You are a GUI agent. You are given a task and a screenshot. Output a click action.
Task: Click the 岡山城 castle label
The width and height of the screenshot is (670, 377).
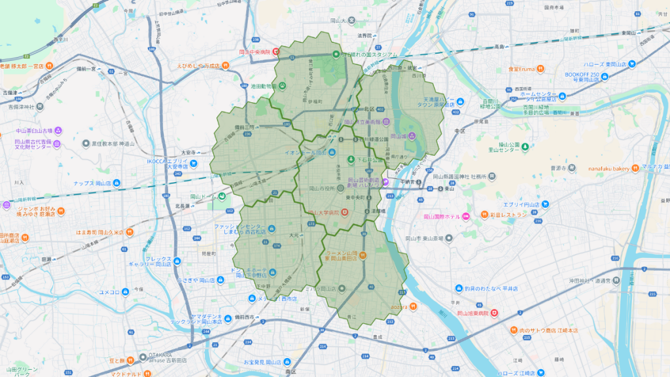pyautogui.click(x=400, y=137)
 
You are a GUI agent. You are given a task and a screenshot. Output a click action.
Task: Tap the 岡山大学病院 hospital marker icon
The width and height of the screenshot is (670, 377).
pyautogui.click(x=344, y=212)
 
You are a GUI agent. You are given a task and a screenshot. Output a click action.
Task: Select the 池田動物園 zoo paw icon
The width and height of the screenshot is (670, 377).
pyautogui.click(x=282, y=86)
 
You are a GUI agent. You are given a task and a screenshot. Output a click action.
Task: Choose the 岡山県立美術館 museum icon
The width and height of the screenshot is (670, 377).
pyautogui.click(x=385, y=121)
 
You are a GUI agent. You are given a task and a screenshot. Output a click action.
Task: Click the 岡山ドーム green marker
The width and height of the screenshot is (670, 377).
pyautogui.click(x=222, y=196)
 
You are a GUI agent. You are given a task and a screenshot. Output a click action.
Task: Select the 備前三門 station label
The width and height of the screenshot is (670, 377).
pyautogui.click(x=244, y=127)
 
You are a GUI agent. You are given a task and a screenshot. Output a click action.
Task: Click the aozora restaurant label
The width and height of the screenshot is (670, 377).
pyautogui.click(x=400, y=306)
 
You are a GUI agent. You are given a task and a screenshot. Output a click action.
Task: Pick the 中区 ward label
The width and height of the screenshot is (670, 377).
pyautogui.click(x=459, y=131)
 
